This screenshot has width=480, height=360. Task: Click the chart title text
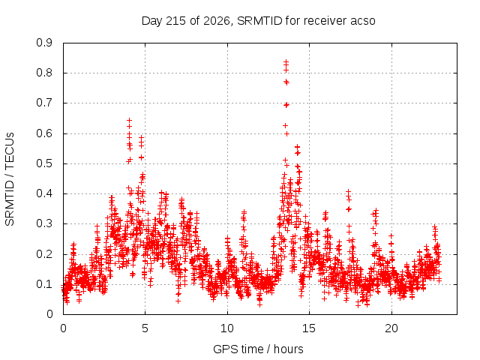pyautogui.click(x=258, y=21)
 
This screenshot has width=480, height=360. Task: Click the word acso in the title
pyautogui.click(x=363, y=21)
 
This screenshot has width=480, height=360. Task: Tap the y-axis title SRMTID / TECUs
pyautogui.click(x=10, y=179)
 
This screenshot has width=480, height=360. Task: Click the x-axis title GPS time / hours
pyautogui.click(x=258, y=349)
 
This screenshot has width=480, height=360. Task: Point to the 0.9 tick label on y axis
pyautogui.click(x=44, y=43)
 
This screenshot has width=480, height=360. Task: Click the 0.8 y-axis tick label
pyautogui.click(x=44, y=73)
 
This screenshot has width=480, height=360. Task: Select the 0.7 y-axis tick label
pyautogui.click(x=44, y=103)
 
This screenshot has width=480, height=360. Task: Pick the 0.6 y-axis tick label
pyautogui.click(x=44, y=133)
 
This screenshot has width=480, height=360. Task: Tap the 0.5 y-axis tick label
pyautogui.click(x=44, y=163)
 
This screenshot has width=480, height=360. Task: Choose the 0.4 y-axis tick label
pyautogui.click(x=44, y=193)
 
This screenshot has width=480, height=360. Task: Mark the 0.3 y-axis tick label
pyautogui.click(x=44, y=223)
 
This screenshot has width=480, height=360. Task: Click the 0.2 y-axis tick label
pyautogui.click(x=44, y=254)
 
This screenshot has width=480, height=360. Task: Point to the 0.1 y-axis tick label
pyautogui.click(x=44, y=284)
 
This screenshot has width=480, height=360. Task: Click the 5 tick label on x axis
pyautogui.click(x=145, y=328)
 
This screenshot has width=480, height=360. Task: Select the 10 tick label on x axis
pyautogui.click(x=227, y=328)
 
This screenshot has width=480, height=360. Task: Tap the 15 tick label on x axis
pyautogui.click(x=309, y=328)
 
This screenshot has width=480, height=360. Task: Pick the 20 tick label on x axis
pyautogui.click(x=391, y=328)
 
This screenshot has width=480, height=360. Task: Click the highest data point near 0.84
pyautogui.click(x=286, y=61)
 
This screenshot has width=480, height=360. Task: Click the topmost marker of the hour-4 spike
pyautogui.click(x=129, y=120)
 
